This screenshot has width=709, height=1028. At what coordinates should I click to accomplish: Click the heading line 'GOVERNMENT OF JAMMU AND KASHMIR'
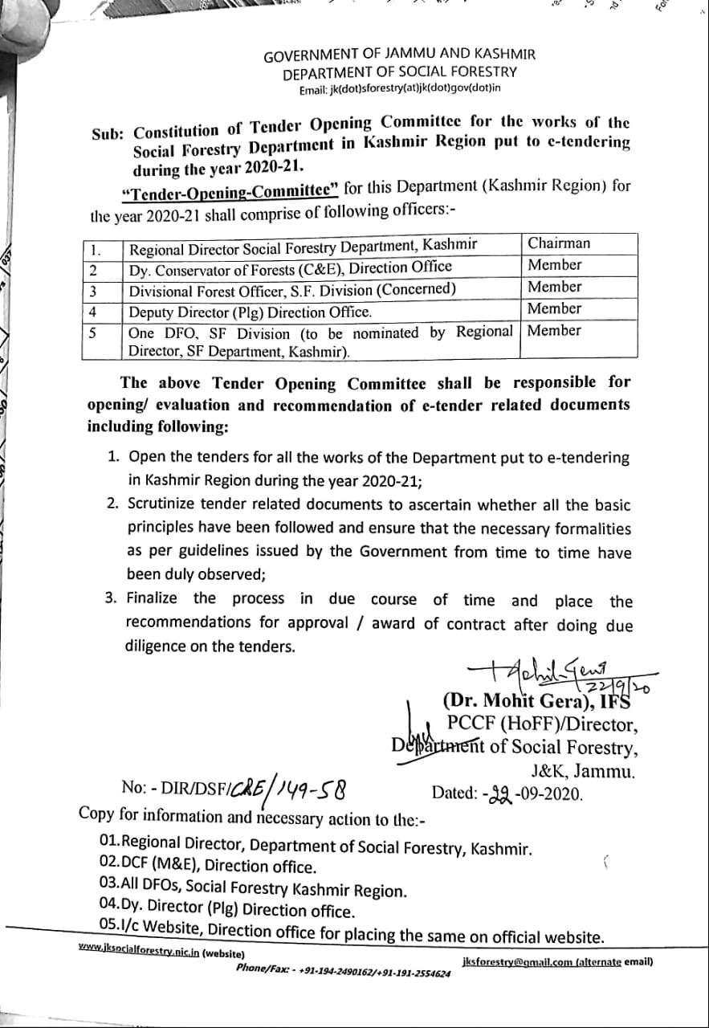(399, 55)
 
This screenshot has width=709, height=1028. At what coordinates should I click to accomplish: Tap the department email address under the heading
(399, 88)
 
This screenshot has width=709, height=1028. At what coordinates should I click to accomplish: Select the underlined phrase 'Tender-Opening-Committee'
(230, 190)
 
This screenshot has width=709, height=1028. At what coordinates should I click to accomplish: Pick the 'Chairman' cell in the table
(559, 243)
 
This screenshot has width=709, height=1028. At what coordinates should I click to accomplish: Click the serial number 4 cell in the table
(93, 310)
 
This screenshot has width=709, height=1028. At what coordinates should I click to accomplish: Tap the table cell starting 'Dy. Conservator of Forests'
(291, 267)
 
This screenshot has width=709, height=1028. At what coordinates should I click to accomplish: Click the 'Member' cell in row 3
(555, 287)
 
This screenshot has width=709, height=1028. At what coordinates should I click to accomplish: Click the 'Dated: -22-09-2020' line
(507, 793)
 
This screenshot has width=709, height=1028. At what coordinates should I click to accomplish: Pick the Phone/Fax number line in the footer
(343, 972)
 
